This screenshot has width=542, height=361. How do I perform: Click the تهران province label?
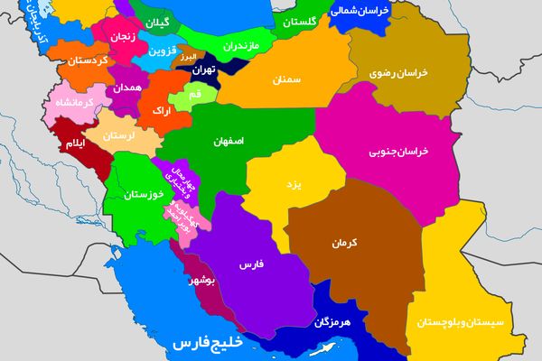202,69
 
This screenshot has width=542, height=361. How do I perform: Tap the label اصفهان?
230,142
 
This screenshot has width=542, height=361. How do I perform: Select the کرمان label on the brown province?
345,243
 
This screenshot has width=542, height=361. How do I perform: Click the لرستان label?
119,134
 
